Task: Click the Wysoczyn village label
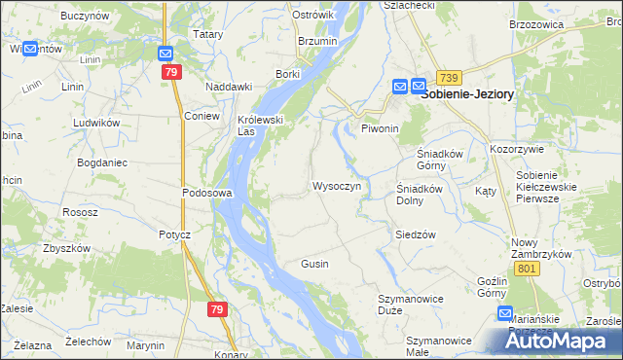(337, 186)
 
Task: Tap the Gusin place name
(314, 264)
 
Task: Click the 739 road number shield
(449, 78)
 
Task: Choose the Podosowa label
(206, 193)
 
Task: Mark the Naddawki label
(229, 87)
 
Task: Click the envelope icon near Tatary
(165, 55)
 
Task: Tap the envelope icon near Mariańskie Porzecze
(505, 313)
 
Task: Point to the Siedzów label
(415, 234)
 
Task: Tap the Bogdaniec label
(103, 162)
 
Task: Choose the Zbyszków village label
(66, 248)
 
